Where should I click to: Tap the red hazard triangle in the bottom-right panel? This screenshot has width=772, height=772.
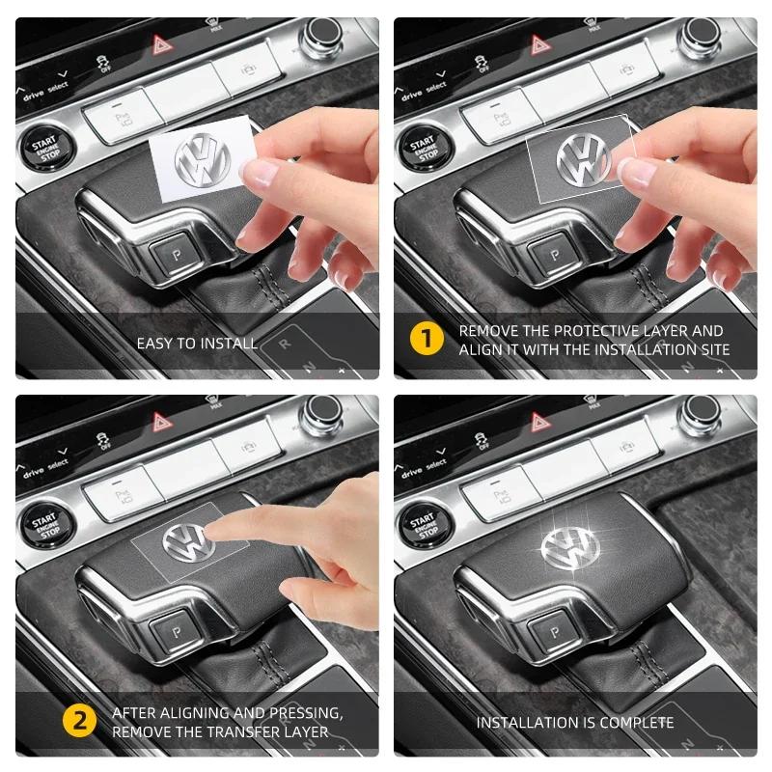point(539,422)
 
